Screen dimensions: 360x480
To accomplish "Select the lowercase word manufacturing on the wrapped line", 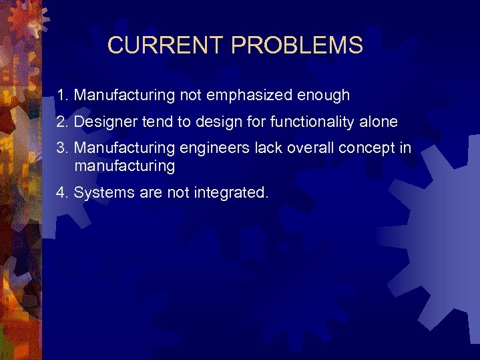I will coord(125,166).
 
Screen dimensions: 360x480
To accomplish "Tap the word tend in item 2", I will coord(156,122).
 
